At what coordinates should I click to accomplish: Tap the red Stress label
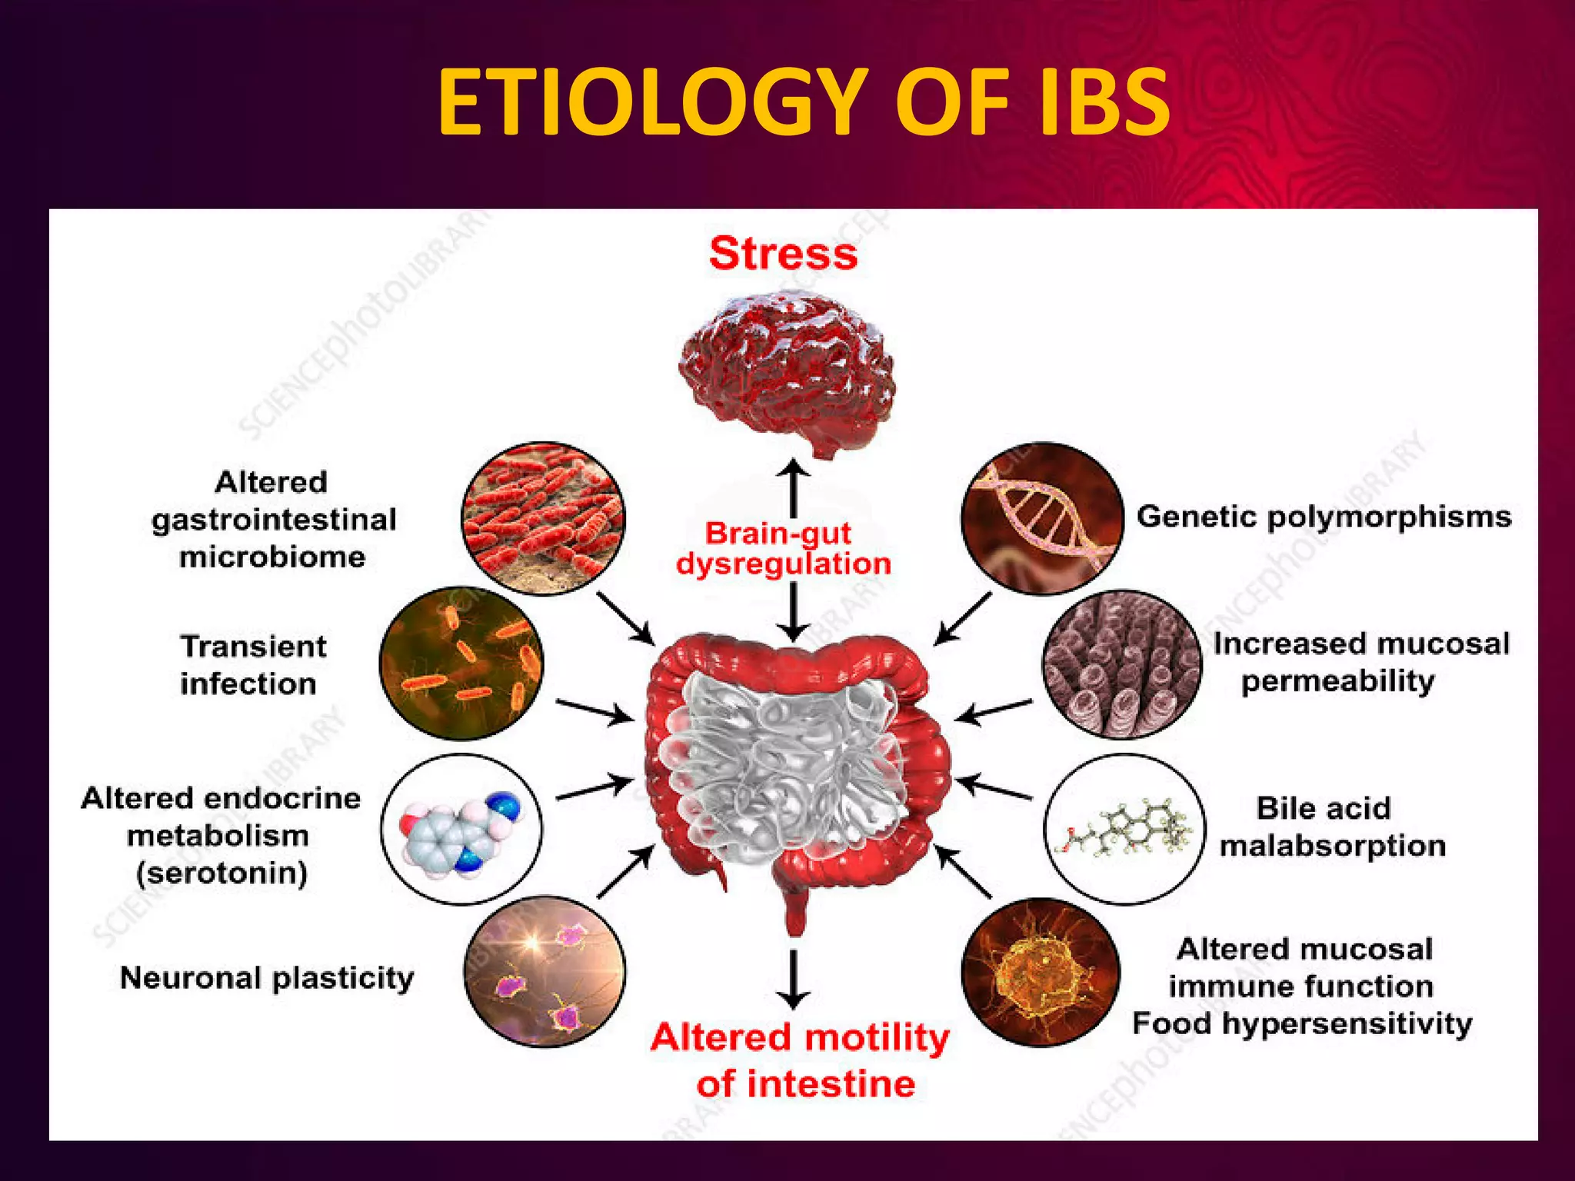point(783,254)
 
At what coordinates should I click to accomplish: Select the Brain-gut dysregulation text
point(783,549)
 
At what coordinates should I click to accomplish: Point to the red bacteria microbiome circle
point(543,518)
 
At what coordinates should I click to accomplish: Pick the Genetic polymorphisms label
point(1324,517)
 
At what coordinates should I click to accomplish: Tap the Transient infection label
point(252,665)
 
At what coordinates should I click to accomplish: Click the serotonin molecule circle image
point(461,830)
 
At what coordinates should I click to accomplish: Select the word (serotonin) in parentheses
point(221,873)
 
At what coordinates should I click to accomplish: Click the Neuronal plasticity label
point(267,978)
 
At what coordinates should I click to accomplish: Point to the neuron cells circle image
point(544,972)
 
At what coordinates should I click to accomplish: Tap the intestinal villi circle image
point(1121,664)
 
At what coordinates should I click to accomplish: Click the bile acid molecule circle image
point(1124,829)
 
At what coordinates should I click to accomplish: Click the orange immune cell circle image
point(1041,973)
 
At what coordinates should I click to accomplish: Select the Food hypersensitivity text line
point(1301,1024)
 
